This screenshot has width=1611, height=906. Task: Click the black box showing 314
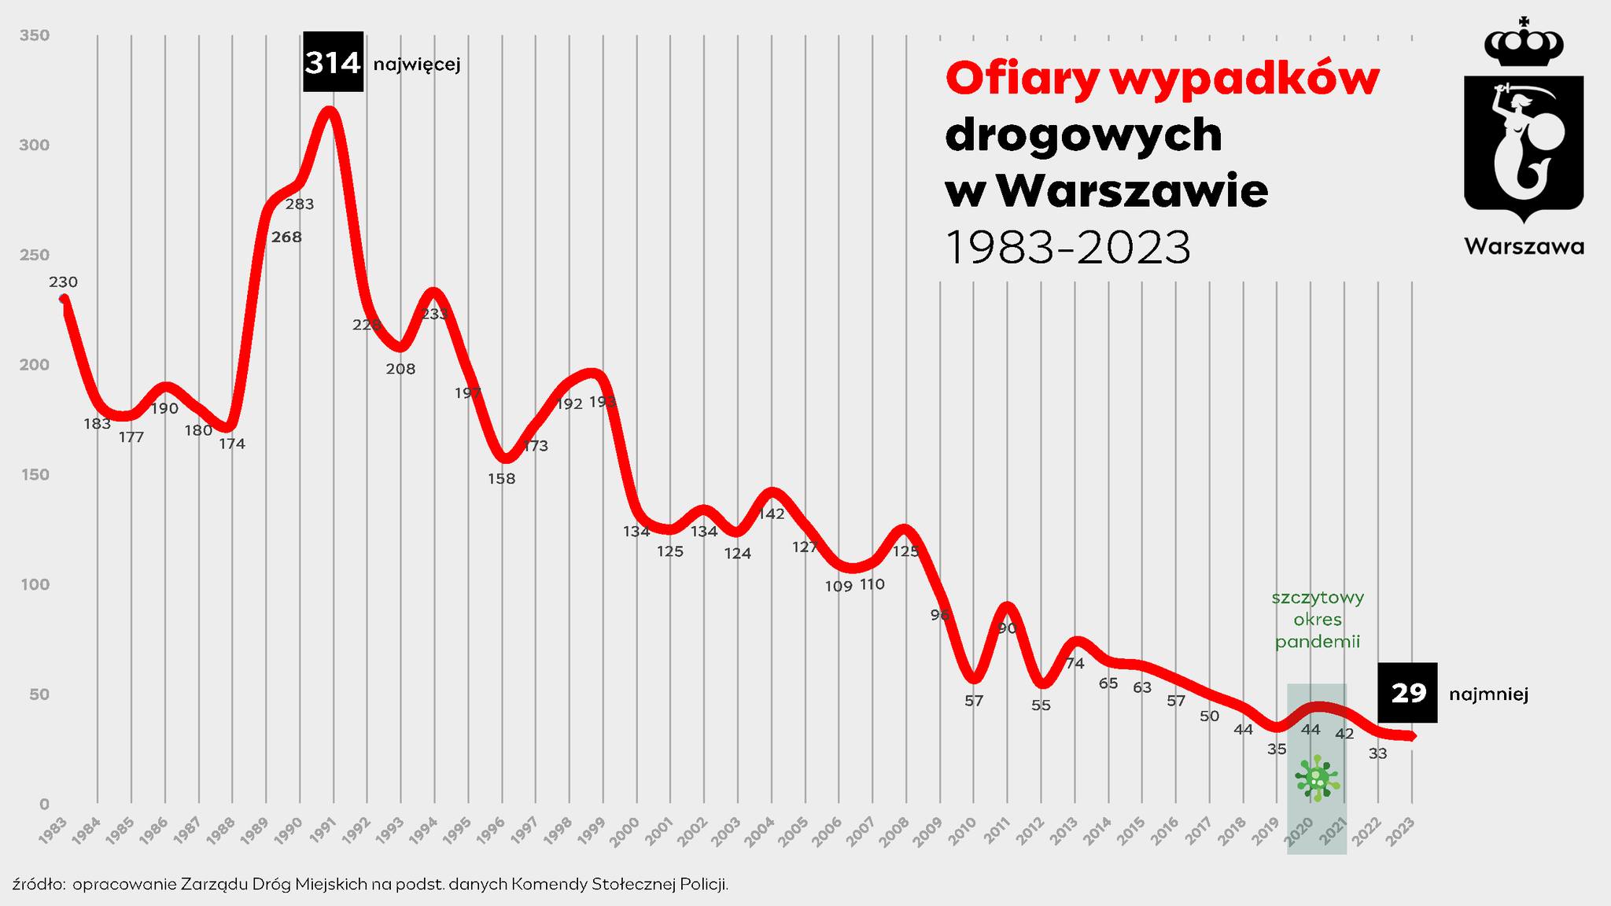pos(333,62)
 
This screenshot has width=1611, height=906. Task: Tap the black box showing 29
pos(1407,693)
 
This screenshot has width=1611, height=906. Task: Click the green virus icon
pos(1317,779)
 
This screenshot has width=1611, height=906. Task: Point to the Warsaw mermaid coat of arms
pos(1523,145)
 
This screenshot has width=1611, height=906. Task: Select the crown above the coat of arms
pos(1523,46)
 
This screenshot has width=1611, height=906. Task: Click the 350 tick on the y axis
pos(35,35)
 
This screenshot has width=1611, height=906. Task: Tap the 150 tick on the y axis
pos(35,474)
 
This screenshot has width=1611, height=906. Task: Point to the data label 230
pos(63,282)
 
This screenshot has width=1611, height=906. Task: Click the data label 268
pos(286,237)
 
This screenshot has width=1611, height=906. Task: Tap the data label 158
pos(501,478)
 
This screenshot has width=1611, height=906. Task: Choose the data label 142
pos(772,514)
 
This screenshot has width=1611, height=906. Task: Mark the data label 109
pos(839,586)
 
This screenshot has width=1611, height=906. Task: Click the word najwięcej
pos(416,64)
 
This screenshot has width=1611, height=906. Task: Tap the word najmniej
pos(1488,694)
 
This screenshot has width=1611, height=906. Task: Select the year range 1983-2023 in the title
pos(1067,248)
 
